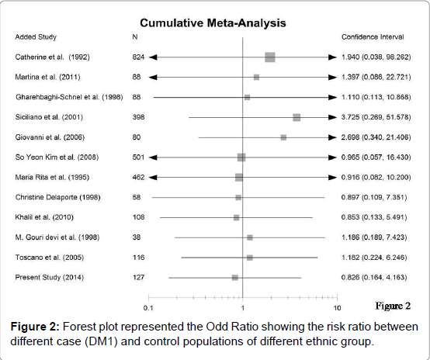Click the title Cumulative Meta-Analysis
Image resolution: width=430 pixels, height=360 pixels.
point(213,22)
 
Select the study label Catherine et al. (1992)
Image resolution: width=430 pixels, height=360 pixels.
point(52,57)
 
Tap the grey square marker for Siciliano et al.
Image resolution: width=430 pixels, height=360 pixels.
point(296,117)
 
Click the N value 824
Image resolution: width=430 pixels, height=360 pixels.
point(138,57)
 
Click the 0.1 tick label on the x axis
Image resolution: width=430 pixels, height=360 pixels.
point(148,308)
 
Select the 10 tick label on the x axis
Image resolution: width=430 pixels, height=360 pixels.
point(337,308)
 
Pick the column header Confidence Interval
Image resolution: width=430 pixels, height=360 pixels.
point(373,37)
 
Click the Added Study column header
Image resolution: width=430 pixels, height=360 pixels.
point(36,37)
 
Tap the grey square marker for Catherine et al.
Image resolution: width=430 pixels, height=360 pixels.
point(270,57)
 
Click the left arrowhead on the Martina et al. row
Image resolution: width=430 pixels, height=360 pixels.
point(153,78)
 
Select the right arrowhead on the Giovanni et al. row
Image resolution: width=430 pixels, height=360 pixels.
point(332,137)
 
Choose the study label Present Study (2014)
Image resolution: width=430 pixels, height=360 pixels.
point(50,278)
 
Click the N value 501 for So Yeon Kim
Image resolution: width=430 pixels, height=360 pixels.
point(138,157)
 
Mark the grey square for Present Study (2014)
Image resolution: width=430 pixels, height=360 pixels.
point(235,278)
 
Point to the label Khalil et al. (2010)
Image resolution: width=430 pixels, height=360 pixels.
point(44,217)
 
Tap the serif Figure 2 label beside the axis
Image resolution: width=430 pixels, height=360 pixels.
point(393,306)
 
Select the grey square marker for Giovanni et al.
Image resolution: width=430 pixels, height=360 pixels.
point(283,137)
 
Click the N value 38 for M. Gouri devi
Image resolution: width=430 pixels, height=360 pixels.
point(137,237)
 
